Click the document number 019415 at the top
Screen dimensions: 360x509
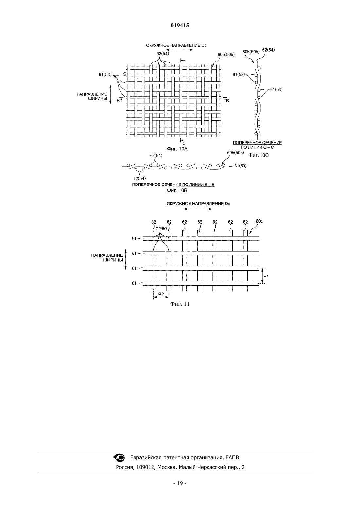pyautogui.click(x=180, y=25)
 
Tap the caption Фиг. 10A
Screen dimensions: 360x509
pyautogui.click(x=177, y=149)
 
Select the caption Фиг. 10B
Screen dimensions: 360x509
pyautogui.click(x=177, y=190)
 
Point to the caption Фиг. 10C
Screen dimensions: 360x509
pyautogui.click(x=259, y=155)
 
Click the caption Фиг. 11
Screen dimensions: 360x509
pyautogui.click(x=180, y=304)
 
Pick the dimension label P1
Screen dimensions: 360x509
pyautogui.click(x=266, y=276)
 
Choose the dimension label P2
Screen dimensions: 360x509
pyautogui.click(x=161, y=294)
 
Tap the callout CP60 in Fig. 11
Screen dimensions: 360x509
pyautogui.click(x=161, y=229)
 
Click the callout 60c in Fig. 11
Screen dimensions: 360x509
pyautogui.click(x=259, y=221)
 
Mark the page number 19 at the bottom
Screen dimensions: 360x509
pyautogui.click(x=180, y=483)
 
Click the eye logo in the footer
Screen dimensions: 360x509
pyautogui.click(x=118, y=457)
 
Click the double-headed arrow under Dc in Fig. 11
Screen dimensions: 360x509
pyautogui.click(x=198, y=209)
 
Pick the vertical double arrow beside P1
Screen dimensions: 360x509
pyautogui.click(x=262, y=276)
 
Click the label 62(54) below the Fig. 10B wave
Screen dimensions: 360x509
pyautogui.click(x=139, y=178)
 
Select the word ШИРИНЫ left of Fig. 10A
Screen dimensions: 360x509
pyautogui.click(x=98, y=98)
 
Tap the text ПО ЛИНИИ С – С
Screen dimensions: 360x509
pyautogui.click(x=257, y=147)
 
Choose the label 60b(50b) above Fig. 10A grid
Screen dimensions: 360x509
pyautogui.click(x=226, y=54)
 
